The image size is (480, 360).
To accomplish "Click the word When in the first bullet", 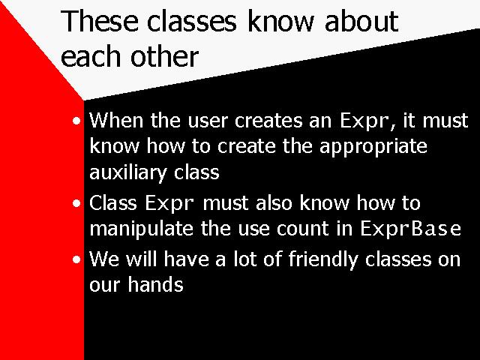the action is [116, 120].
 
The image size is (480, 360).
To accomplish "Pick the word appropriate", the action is [373, 147].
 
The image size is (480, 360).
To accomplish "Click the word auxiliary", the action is [128, 172].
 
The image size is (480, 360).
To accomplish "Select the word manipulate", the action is [142, 228].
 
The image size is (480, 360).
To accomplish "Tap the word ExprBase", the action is [410, 228].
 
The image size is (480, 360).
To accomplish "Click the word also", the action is [274, 203].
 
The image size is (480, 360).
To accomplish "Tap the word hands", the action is [155, 284].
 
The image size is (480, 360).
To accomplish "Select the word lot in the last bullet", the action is [245, 259].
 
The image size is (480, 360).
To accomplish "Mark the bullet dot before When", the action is [76, 121].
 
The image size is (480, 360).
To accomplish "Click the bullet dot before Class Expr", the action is [76, 203].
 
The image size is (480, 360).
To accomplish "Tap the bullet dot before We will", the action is [76, 259].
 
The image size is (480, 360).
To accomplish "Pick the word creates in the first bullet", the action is [268, 121].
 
